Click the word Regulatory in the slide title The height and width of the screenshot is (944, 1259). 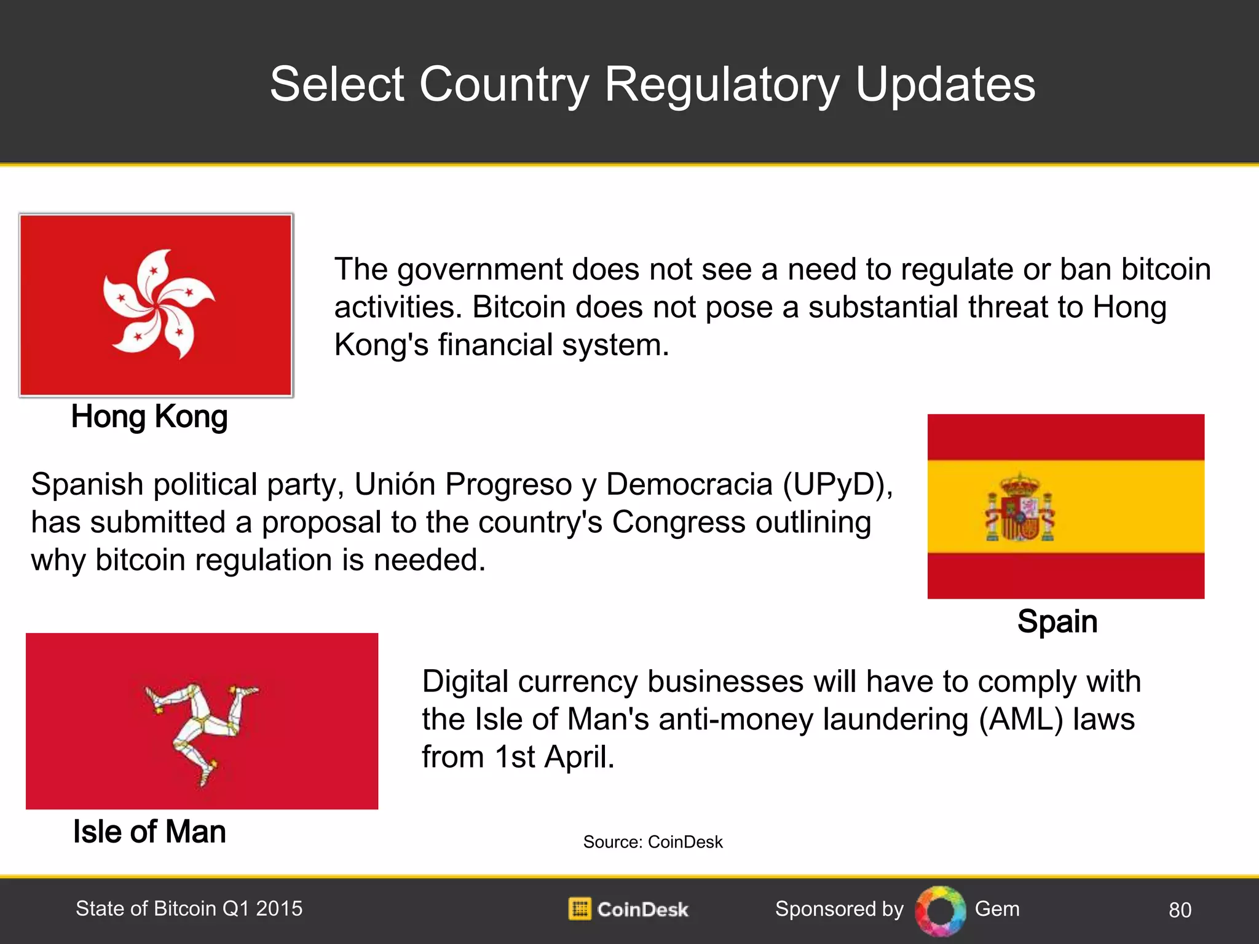722,84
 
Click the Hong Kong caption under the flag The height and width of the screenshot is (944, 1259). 149,417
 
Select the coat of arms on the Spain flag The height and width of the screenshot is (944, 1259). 1020,508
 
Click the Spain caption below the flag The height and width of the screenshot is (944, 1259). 1057,621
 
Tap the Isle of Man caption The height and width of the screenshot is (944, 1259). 149,832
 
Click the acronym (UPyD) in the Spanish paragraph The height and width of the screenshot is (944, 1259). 837,485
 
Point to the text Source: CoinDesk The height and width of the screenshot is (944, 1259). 652,842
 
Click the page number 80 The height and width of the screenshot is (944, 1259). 1180,910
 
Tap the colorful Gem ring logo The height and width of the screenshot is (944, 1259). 940,910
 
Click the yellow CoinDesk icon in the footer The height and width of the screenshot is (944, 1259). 579,909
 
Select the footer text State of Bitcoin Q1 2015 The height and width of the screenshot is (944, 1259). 189,909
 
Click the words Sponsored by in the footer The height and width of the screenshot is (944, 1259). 839,909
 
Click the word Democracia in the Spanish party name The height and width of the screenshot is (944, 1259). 689,485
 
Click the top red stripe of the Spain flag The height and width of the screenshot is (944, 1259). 1065,437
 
